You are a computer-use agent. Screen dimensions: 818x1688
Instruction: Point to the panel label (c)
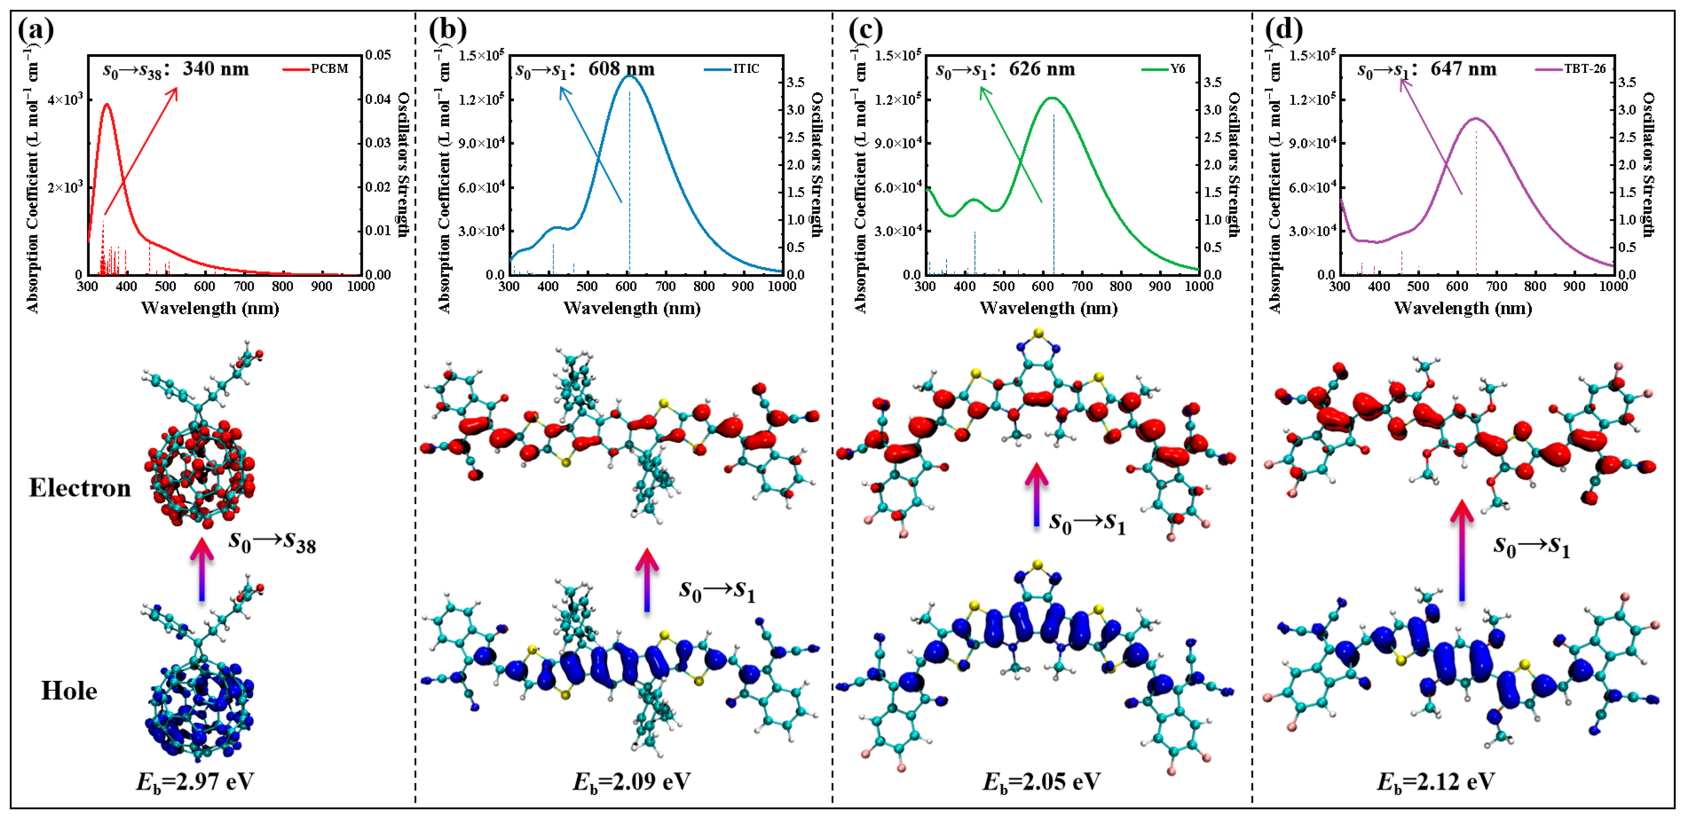[865, 29]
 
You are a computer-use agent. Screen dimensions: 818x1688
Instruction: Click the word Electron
[80, 488]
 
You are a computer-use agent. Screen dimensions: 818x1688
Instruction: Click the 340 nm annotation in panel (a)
[216, 69]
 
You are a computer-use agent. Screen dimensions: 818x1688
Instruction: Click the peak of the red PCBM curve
[107, 104]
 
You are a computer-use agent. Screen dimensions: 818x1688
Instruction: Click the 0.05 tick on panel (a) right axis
[378, 55]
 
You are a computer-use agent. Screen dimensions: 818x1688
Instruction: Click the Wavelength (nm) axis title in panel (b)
[632, 308]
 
